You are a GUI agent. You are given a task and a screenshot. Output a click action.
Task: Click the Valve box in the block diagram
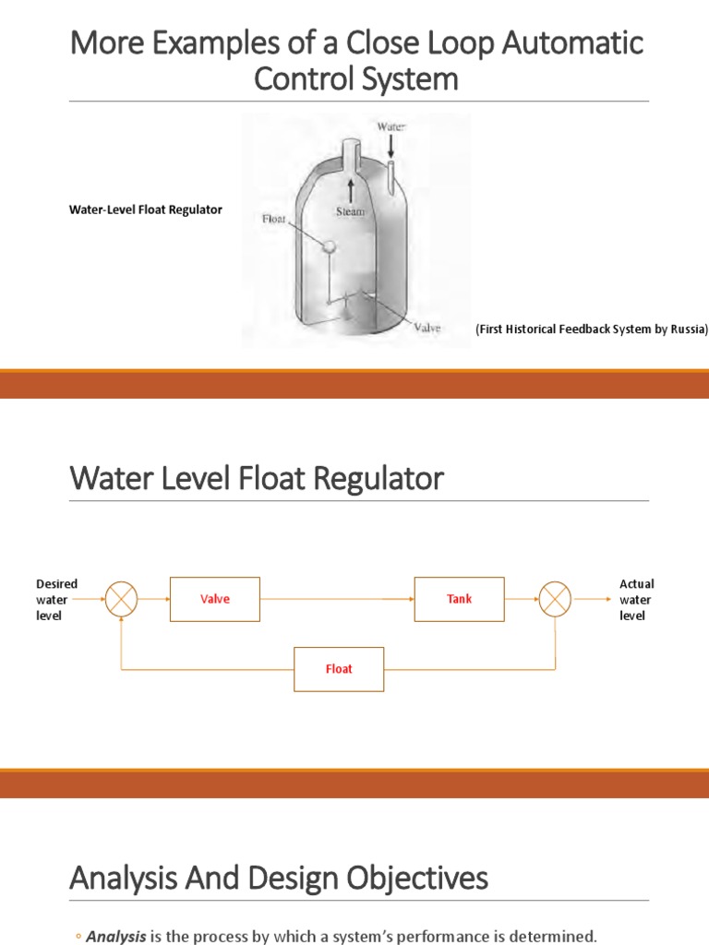pyautogui.click(x=215, y=599)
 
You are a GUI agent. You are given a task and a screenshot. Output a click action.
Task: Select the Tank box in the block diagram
pyautogui.click(x=459, y=599)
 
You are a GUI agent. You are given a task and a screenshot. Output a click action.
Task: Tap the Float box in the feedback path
pyautogui.click(x=339, y=668)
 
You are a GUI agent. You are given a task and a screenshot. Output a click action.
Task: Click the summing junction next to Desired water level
pyautogui.click(x=121, y=600)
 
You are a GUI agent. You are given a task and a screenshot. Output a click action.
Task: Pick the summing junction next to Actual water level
pyautogui.click(x=555, y=600)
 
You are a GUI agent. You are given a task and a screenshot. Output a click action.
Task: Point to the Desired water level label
pyautogui.click(x=56, y=600)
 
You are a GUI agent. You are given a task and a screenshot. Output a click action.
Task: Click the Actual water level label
pyautogui.click(x=636, y=600)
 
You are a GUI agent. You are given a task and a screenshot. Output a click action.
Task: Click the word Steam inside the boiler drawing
pyautogui.click(x=350, y=211)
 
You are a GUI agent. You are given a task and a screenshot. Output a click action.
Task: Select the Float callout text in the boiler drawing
pyautogui.click(x=274, y=219)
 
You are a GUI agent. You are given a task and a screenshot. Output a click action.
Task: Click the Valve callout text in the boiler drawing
pyautogui.click(x=427, y=327)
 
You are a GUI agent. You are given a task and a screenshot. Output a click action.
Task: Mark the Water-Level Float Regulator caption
pyautogui.click(x=146, y=209)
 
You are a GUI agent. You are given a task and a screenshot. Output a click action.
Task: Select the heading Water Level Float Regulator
pyautogui.click(x=257, y=480)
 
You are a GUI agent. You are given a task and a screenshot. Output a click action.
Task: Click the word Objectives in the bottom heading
pyautogui.click(x=416, y=879)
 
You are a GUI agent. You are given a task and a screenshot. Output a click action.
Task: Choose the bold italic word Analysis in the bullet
pyautogui.click(x=116, y=937)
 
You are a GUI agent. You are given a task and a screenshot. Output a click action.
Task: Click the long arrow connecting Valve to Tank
pyautogui.click(x=337, y=600)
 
